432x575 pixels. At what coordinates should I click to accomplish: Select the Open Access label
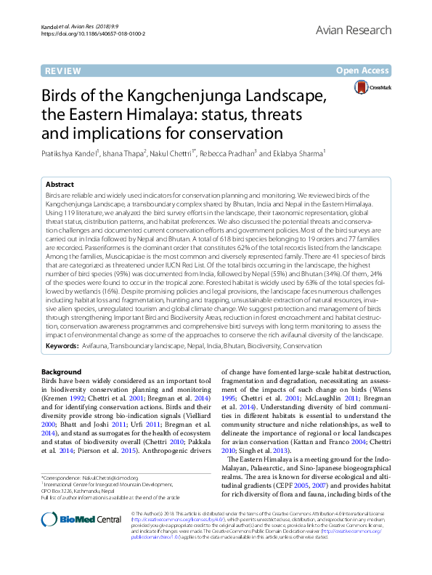point(362,71)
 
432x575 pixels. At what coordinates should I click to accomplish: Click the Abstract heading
point(61,185)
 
